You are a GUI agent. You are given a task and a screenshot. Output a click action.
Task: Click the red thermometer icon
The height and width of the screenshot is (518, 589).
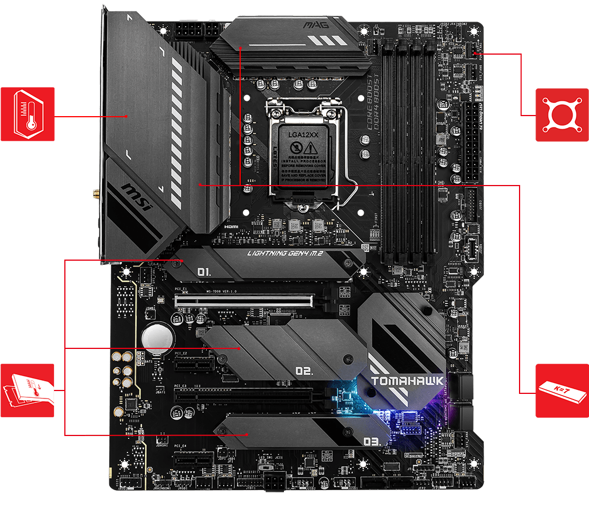(x=27, y=114)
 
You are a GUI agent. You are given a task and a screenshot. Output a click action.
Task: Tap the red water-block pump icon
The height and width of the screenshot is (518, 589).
(x=562, y=114)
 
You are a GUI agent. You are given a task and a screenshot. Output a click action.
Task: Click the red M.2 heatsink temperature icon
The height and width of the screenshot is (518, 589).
(x=27, y=390)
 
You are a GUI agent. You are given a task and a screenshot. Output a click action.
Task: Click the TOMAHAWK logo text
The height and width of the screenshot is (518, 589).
(x=406, y=382)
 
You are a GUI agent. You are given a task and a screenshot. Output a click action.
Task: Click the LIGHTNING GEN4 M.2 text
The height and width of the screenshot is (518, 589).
(x=285, y=254)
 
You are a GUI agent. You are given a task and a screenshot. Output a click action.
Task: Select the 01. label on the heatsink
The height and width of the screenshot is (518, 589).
(x=204, y=272)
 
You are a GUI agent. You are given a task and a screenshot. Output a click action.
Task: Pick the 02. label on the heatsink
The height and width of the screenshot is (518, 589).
(x=304, y=371)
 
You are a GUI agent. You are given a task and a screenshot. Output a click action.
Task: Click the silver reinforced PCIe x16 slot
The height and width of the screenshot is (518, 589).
(x=245, y=299)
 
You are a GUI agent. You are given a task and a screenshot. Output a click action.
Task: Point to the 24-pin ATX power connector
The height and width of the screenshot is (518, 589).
(x=472, y=139)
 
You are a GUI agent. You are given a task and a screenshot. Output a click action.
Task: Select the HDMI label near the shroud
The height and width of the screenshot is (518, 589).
(x=230, y=226)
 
